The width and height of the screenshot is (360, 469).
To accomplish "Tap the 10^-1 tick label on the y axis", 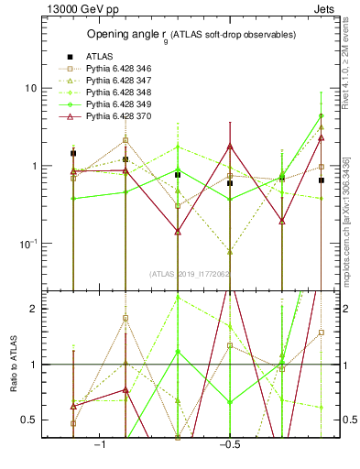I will coord(27,243).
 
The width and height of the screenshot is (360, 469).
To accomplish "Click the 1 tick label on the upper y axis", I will coord(32,166).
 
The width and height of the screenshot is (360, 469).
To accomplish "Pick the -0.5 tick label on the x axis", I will coord(229,444).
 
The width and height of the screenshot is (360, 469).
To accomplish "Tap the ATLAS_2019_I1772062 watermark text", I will coord(191,273).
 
